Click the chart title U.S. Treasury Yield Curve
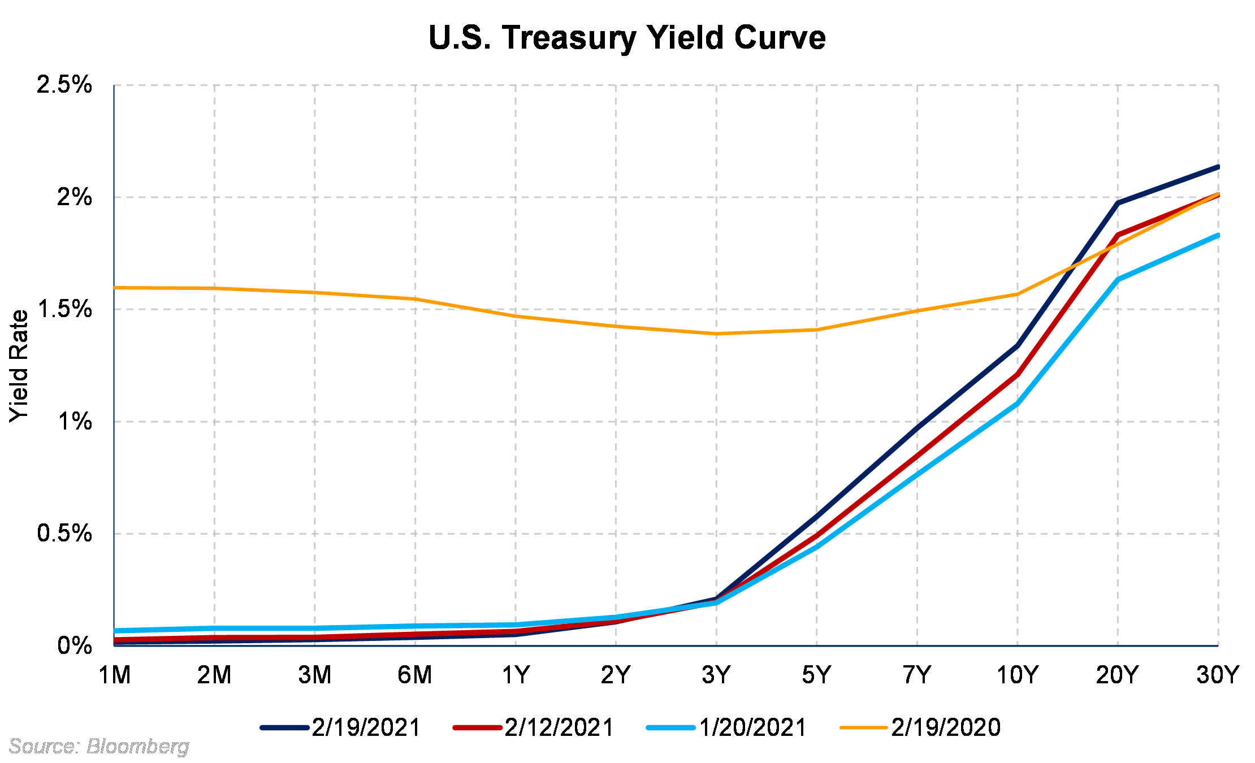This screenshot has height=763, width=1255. point(627,38)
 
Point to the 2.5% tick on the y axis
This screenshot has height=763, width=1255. point(64,85)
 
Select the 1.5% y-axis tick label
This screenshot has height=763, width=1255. point(64,309)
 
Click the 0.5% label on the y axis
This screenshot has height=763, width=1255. point(64,534)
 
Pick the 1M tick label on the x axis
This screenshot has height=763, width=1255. point(115,675)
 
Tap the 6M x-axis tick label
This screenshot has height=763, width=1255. point(415,675)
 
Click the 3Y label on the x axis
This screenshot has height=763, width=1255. point(716,675)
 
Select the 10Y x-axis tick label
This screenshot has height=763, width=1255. point(1017,675)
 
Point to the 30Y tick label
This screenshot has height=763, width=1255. point(1218,675)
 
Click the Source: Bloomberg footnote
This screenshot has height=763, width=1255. point(99,747)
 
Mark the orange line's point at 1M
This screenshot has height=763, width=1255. point(115,288)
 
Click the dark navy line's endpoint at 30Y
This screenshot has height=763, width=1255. point(1218,167)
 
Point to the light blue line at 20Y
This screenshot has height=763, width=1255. point(1118,279)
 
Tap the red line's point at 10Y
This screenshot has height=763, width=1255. point(1018,374)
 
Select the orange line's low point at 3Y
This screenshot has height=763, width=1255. point(716,333)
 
